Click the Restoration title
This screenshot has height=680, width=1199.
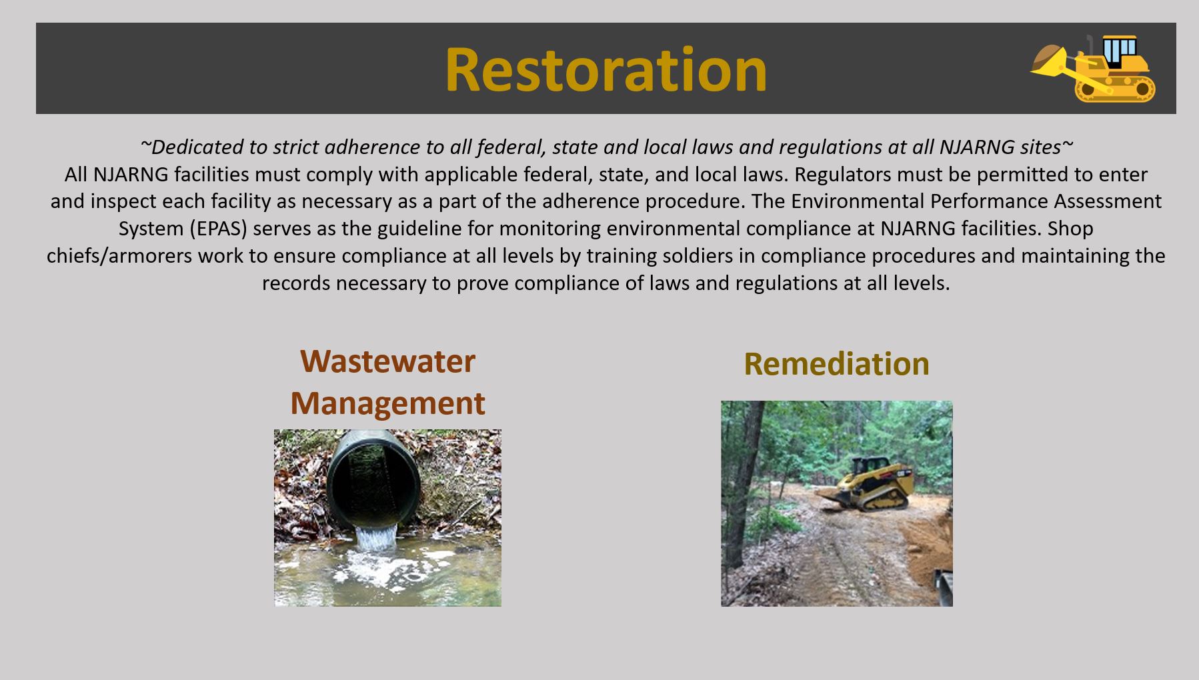606,69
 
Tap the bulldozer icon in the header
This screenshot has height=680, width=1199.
1093,69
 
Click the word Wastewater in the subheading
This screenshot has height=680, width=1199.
387,361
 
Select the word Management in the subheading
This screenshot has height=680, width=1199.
387,403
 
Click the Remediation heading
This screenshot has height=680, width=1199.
836,364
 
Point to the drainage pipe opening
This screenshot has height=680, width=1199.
374,479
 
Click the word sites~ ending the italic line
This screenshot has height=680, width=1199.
1042,147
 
